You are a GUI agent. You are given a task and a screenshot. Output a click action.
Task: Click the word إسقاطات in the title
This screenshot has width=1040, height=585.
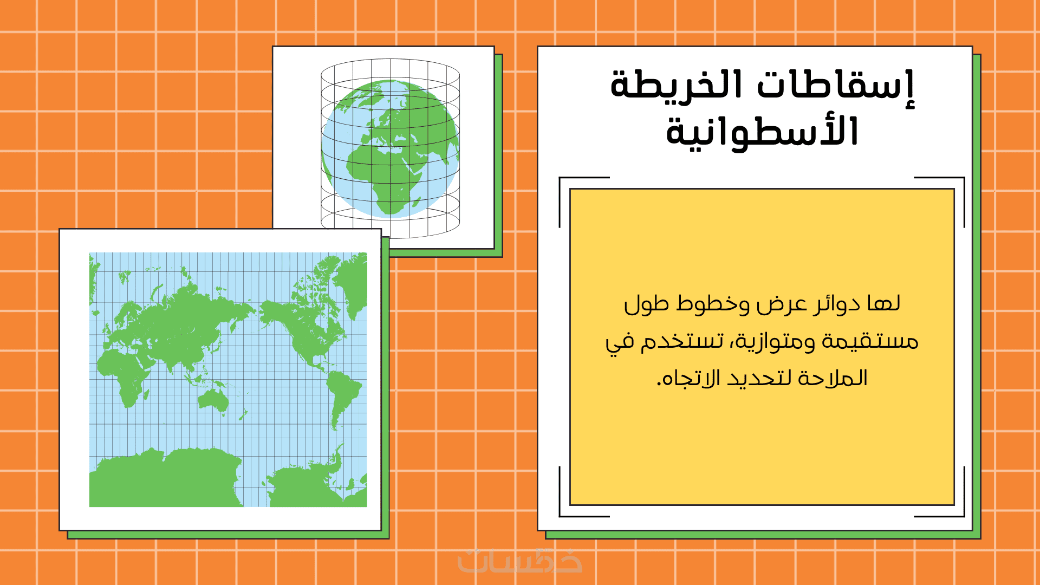(835, 87)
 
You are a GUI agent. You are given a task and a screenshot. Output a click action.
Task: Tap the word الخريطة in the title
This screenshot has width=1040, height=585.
(677, 84)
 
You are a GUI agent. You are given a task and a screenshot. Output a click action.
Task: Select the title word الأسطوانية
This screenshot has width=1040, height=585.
(762, 132)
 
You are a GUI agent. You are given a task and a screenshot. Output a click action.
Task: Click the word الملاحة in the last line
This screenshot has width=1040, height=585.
(836, 378)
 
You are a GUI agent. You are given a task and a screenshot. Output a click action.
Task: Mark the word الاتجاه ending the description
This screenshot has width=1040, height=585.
(688, 378)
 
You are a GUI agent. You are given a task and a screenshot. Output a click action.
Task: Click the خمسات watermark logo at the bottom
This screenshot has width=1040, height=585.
(519, 561)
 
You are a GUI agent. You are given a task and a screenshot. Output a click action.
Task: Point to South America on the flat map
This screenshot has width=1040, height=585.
(342, 398)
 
